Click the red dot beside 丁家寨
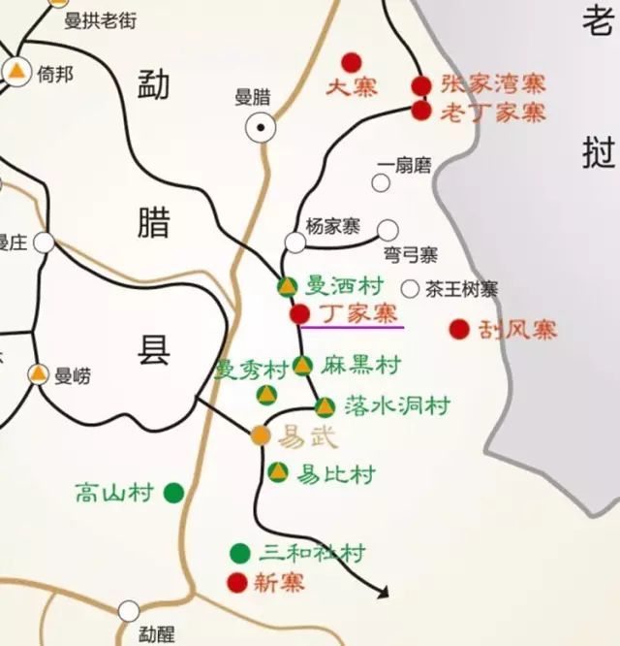[x=300, y=314]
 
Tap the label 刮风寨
[x=518, y=330]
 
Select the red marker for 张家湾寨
[x=420, y=86]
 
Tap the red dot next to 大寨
[x=352, y=62]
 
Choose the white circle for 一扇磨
[x=381, y=182]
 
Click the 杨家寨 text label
[x=332, y=227]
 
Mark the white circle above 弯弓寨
[x=387, y=230]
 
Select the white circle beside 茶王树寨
[x=410, y=288]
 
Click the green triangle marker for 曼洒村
[x=287, y=286]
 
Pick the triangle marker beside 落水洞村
[x=325, y=406]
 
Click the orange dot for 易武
[x=260, y=436]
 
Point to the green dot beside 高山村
[x=173, y=493]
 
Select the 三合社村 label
[x=312, y=554]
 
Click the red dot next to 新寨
[x=236, y=582]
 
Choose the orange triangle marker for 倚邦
[x=16, y=70]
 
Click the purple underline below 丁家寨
[x=352, y=328]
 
